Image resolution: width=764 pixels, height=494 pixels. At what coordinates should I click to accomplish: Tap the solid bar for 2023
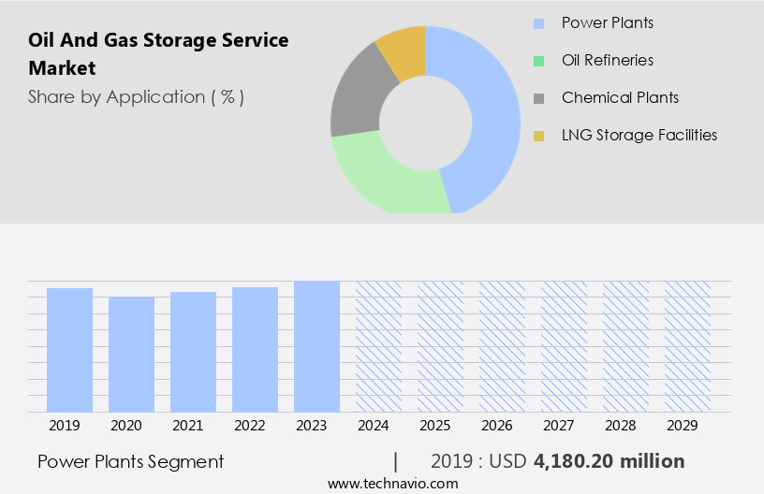click(316, 345)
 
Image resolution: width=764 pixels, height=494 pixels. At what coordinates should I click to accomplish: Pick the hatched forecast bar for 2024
click(378, 345)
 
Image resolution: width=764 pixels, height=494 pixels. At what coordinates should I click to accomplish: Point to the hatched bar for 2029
click(687, 345)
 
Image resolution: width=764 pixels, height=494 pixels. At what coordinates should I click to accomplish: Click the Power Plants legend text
click(607, 22)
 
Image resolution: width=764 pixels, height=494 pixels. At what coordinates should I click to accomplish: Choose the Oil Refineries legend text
click(607, 60)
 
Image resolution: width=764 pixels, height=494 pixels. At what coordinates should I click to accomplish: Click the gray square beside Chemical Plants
click(538, 98)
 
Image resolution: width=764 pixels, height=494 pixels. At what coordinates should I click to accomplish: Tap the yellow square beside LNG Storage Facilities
click(538, 136)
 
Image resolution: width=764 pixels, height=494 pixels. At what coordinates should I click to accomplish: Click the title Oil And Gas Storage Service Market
click(158, 54)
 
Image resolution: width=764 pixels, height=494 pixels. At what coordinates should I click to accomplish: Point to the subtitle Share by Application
click(136, 97)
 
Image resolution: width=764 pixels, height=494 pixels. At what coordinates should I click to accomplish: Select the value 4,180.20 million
click(609, 461)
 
